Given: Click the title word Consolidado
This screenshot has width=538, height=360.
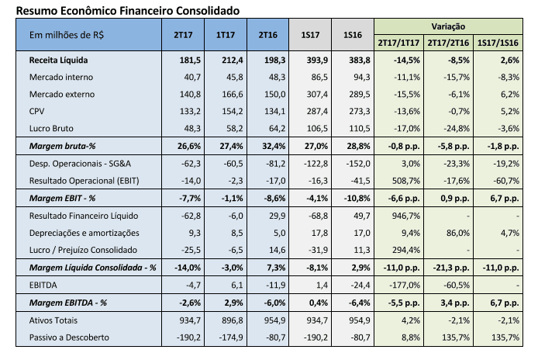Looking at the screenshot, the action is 208,11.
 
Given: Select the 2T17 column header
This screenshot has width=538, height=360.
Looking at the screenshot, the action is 183,35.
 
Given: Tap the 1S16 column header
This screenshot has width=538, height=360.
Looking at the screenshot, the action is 353,35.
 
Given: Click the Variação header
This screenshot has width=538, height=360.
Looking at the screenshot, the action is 448,26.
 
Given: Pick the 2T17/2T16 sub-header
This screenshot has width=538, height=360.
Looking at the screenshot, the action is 448,43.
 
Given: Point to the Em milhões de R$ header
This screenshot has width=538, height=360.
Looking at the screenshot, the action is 67,35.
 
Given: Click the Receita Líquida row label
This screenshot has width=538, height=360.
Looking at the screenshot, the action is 58,60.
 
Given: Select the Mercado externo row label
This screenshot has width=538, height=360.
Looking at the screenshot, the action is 62,94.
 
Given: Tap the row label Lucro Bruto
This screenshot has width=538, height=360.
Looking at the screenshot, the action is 51,129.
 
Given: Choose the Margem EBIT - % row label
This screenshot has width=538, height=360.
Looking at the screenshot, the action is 62,198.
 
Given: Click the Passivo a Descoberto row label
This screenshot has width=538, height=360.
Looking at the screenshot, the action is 69,337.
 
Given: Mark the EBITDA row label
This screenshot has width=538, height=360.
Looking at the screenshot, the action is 43,285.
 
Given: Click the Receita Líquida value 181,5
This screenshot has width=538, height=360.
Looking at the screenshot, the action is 190,60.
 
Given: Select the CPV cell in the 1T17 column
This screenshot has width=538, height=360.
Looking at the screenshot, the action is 233,111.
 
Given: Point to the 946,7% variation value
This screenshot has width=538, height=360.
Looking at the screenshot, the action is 406,216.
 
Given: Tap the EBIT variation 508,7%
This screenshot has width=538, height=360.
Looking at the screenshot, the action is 406,181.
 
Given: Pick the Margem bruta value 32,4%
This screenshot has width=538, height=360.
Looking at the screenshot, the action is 274,146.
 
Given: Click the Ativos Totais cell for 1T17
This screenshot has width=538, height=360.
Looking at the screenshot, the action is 233,320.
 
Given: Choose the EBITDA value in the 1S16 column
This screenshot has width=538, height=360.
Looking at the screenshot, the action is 360,285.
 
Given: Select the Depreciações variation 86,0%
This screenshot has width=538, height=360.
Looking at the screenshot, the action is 457,233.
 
